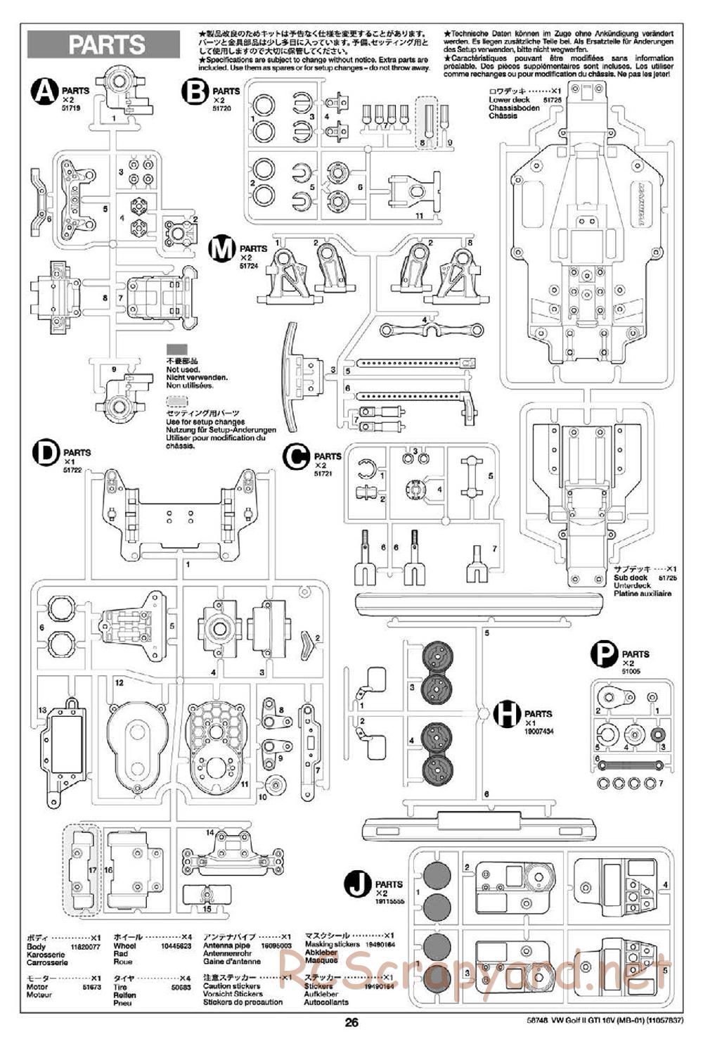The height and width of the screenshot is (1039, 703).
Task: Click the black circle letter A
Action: point(45,92)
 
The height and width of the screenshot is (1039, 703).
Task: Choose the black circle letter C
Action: point(296,457)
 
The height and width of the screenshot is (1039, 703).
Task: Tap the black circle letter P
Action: point(604,655)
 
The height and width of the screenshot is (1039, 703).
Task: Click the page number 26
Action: point(351,1024)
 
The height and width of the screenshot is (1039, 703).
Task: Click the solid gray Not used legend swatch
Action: point(177,349)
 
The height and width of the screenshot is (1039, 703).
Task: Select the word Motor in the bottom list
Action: point(37,987)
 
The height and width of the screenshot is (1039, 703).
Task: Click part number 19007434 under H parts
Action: point(538,732)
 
